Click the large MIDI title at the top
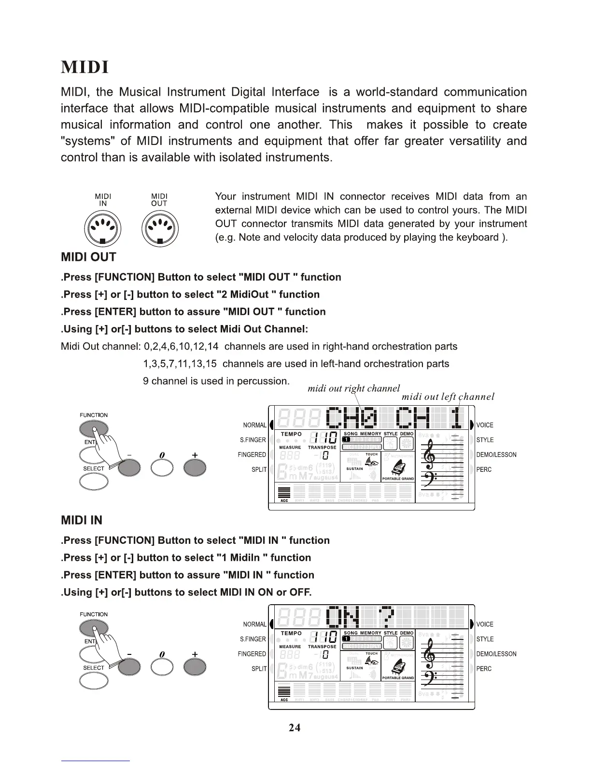(85, 67)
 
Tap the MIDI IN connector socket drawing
(102, 229)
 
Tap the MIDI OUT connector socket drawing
(160, 229)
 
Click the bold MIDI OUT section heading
(88, 257)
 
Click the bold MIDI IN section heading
(82, 521)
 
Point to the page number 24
(295, 727)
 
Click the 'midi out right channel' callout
(353, 388)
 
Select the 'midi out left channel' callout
(448, 397)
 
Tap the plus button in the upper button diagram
(195, 467)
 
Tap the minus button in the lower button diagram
(129, 667)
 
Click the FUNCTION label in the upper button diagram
(94, 415)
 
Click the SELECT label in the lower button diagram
(94, 668)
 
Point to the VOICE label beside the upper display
(485, 425)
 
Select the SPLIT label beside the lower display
(259, 669)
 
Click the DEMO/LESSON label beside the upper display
(496, 455)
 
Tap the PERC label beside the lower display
(484, 669)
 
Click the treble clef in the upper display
(430, 453)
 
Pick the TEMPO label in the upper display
(291, 434)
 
